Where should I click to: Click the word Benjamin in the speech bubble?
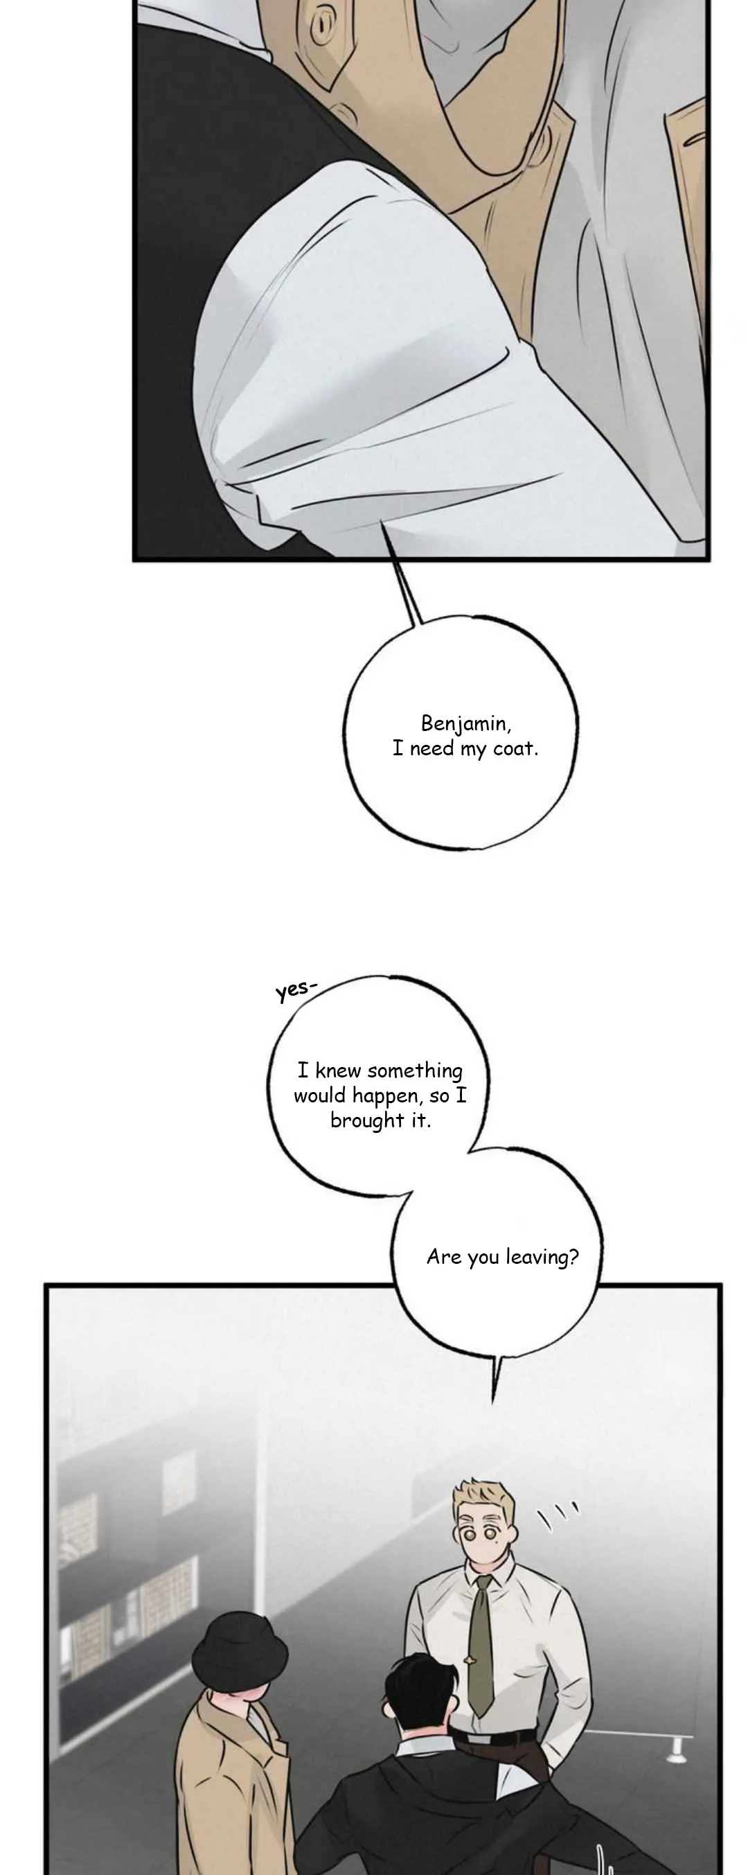[465, 724]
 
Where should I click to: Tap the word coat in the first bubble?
[515, 748]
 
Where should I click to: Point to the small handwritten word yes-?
[296, 991]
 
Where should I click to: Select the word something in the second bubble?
[415, 1071]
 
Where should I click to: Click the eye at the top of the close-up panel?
[321, 26]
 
